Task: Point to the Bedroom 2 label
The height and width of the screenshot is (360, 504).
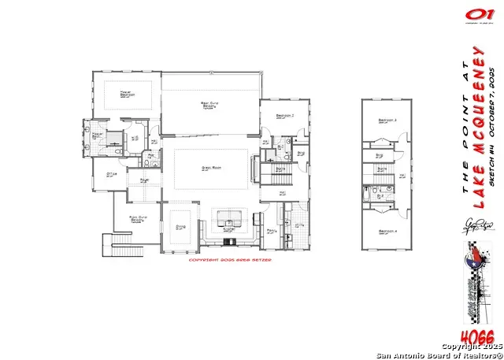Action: click(285, 116)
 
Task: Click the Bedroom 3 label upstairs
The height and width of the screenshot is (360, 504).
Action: click(386, 121)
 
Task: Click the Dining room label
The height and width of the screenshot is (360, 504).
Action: click(180, 226)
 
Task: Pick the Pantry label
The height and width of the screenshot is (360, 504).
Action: click(271, 231)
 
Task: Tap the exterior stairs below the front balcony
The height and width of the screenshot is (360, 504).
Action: click(120, 252)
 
